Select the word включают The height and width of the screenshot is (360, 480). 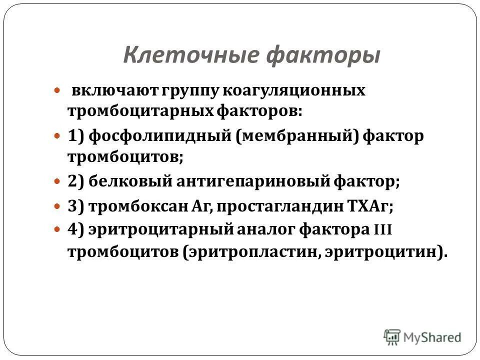pos(102,91)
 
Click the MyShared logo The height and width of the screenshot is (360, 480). pos(422,337)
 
